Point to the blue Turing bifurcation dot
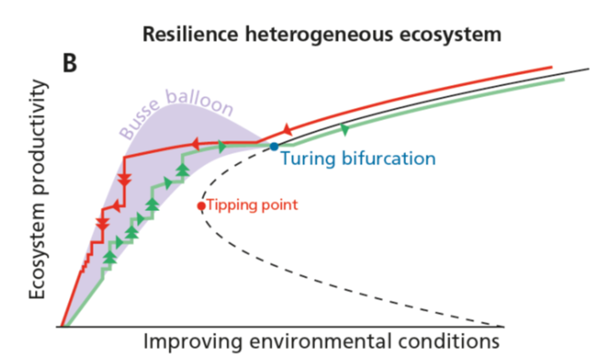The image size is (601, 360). [x=273, y=147]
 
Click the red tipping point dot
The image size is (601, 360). [x=201, y=205]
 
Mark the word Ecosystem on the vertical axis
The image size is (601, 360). [x=39, y=246]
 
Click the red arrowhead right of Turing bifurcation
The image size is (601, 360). [x=287, y=129]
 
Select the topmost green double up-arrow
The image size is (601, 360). [x=181, y=169]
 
